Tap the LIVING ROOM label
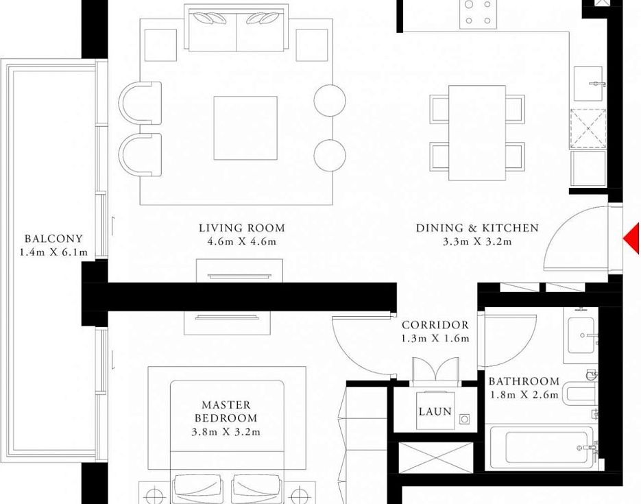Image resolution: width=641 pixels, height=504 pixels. point(241,228)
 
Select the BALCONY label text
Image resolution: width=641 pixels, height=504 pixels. point(53,239)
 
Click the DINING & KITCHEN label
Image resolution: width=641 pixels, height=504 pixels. point(477,228)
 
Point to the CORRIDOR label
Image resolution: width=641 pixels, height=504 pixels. point(435,325)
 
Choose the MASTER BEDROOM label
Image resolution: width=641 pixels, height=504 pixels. point(226,411)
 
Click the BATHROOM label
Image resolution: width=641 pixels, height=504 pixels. point(524,381)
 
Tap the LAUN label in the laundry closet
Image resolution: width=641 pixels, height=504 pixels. point(435,411)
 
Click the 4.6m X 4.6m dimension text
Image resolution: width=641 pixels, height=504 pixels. point(241,241)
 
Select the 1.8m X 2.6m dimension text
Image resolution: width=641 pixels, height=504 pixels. point(524,394)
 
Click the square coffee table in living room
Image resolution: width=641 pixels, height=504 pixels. point(245,128)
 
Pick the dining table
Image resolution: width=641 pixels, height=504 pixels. point(477,133)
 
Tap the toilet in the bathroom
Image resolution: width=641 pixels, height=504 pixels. point(580,393)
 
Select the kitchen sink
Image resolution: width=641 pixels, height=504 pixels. point(588,84)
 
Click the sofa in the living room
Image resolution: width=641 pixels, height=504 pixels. point(237,28)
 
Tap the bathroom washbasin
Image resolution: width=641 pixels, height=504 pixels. point(581,335)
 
